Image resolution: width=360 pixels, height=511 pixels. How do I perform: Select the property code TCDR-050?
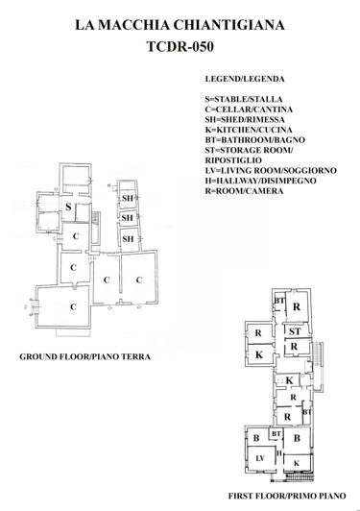click(180, 47)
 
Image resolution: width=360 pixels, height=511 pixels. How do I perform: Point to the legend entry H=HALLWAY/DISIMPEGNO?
click(263, 182)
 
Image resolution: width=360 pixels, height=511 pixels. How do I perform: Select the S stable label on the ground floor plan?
click(69, 207)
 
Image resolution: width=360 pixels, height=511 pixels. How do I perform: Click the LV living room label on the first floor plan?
click(258, 459)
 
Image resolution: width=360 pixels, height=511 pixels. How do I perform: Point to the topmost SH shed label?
click(126, 199)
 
